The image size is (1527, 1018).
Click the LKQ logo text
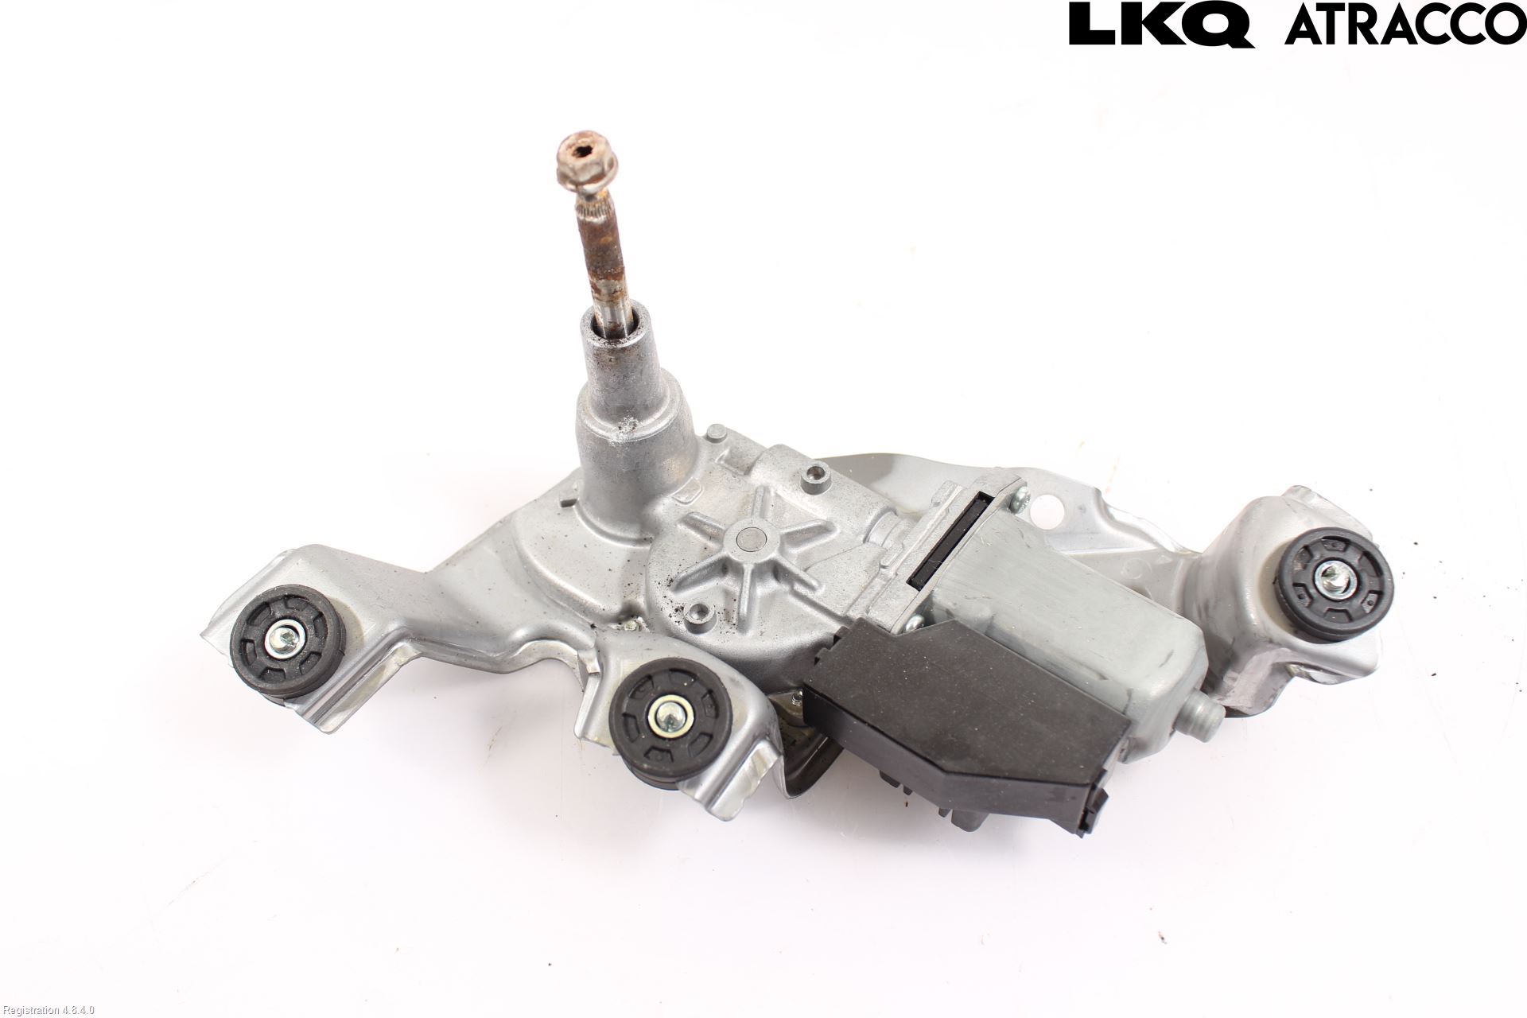click(1161, 24)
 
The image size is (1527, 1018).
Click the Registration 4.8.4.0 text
click(48, 1010)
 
